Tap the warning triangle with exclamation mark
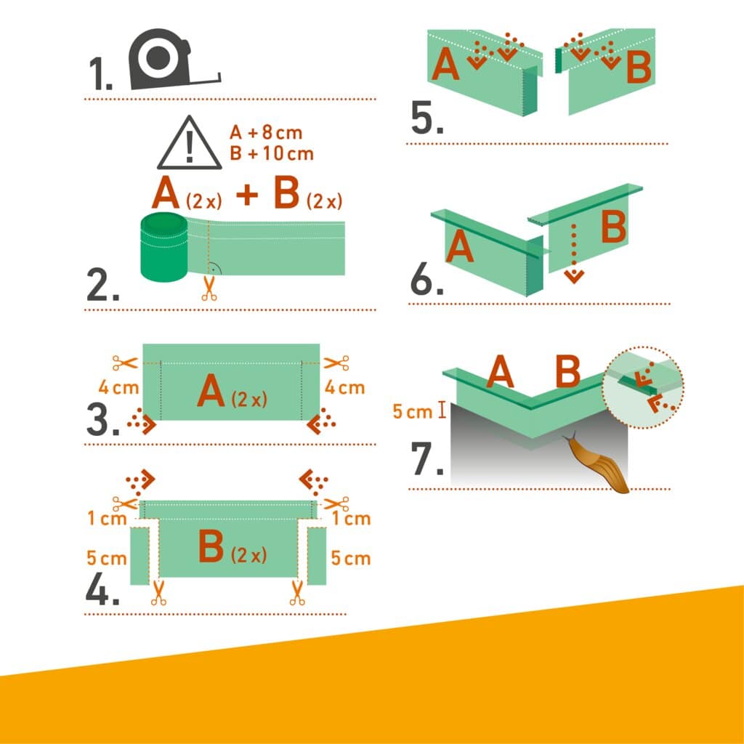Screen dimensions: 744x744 (x=190, y=144)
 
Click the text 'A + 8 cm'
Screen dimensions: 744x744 (x=265, y=133)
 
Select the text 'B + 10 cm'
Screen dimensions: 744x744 (x=271, y=153)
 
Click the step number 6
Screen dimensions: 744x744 (x=426, y=280)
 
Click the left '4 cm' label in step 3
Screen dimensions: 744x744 (x=118, y=387)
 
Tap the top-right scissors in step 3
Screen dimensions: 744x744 (x=336, y=362)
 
